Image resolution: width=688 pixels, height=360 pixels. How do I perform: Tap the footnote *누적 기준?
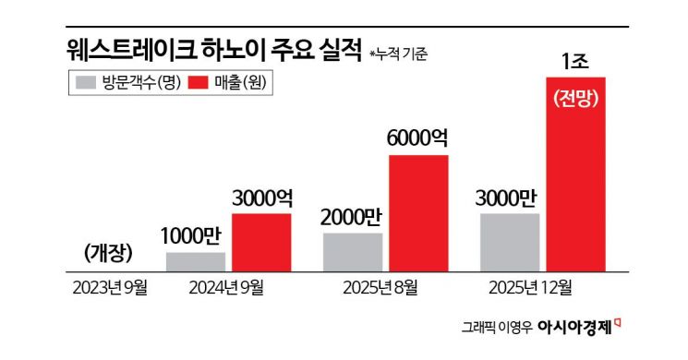tap(398, 53)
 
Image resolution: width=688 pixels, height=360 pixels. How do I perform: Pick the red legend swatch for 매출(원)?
tap(200, 82)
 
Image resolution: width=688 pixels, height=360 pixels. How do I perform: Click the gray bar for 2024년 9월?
tap(196, 261)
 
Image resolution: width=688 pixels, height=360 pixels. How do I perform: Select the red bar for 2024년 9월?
tap(261, 242)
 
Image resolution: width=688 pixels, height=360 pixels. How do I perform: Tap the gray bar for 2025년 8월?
tap(353, 252)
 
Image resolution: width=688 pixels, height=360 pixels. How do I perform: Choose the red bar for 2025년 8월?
tap(418, 213)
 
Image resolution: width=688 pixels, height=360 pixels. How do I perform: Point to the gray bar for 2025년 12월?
tap(510, 242)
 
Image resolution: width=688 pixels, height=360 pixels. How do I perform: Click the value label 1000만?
tap(195, 234)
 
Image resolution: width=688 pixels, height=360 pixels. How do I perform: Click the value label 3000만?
tap(510, 197)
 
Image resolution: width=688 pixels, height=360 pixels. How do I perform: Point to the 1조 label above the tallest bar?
tap(575, 62)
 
